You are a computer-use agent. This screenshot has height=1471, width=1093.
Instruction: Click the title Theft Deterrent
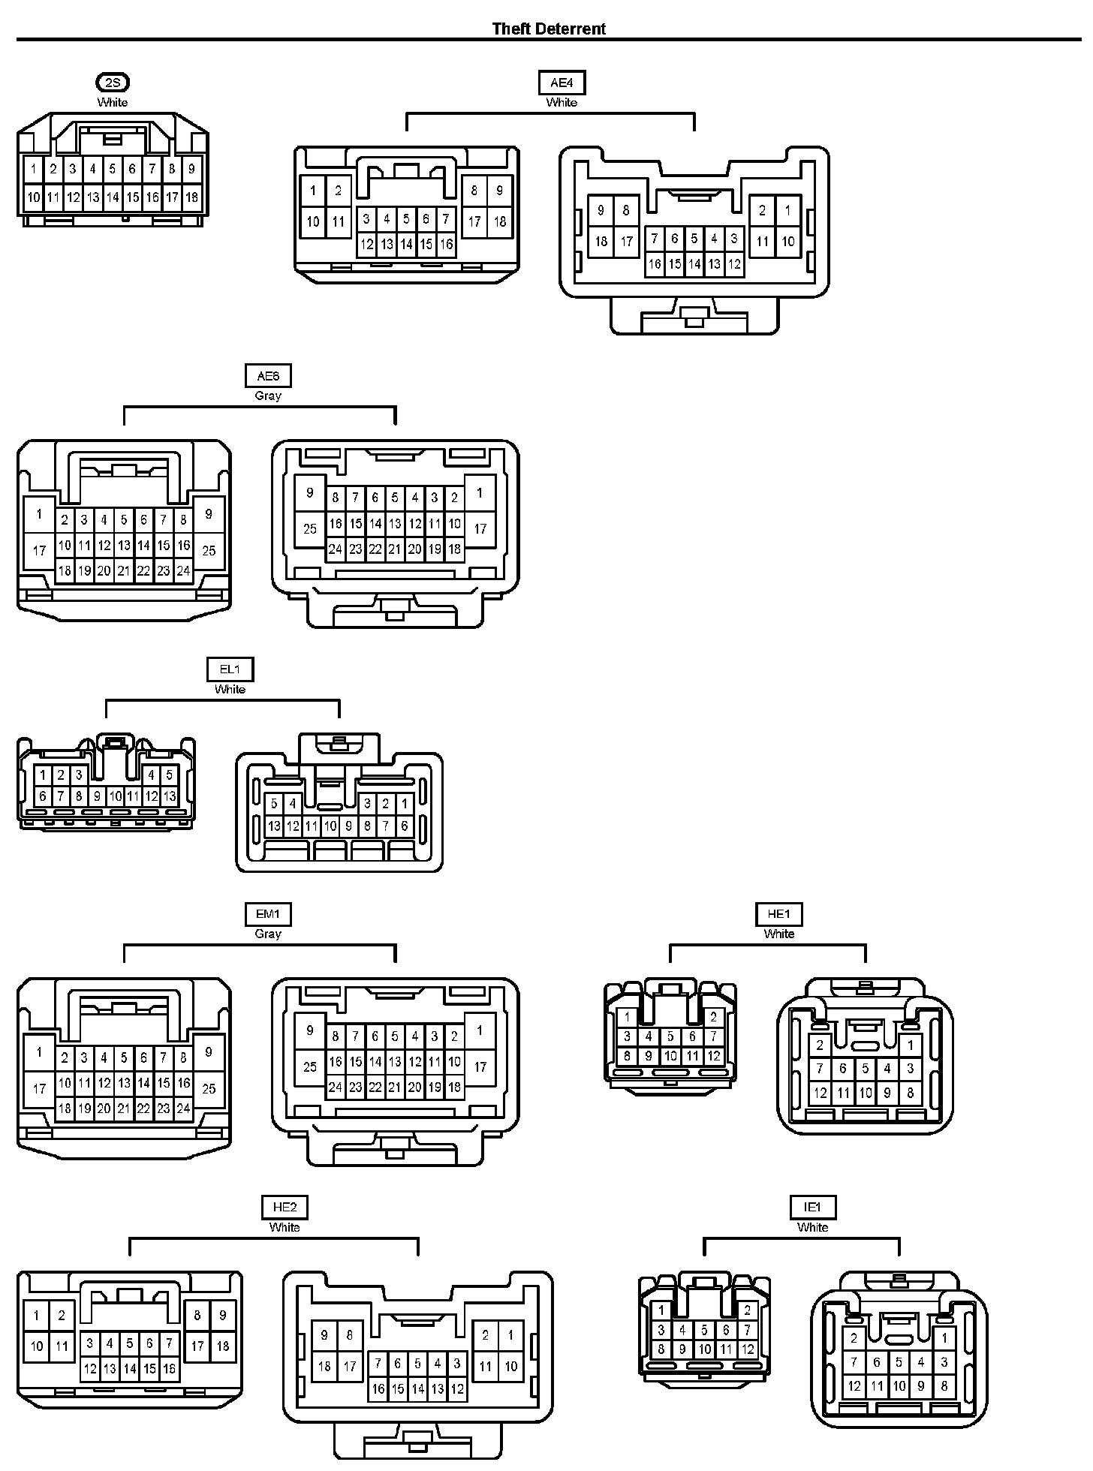pyautogui.click(x=549, y=29)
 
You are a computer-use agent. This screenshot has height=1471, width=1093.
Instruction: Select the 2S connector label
pyautogui.click(x=113, y=83)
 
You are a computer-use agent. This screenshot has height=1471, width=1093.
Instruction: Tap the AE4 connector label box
pyautogui.click(x=562, y=83)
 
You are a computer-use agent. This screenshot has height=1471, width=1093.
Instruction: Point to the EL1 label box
pyautogui.click(x=230, y=669)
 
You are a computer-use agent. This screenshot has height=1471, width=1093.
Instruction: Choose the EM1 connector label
pyautogui.click(x=268, y=914)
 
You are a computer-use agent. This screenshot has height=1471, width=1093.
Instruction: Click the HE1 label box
pyautogui.click(x=779, y=914)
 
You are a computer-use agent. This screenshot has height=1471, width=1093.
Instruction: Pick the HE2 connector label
pyautogui.click(x=285, y=1208)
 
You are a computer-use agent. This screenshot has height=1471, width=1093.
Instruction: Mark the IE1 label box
pyautogui.click(x=812, y=1208)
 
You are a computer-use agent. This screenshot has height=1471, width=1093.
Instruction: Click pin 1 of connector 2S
pyautogui.click(x=34, y=170)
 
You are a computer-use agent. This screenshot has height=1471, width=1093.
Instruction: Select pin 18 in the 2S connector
pyautogui.click(x=191, y=197)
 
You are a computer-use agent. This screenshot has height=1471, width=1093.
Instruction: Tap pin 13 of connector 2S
pyautogui.click(x=92, y=197)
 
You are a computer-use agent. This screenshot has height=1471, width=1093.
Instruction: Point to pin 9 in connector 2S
pyautogui.click(x=191, y=170)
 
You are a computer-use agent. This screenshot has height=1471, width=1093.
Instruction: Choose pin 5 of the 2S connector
pyautogui.click(x=113, y=170)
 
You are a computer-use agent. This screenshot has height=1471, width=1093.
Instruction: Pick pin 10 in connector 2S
pyautogui.click(x=34, y=197)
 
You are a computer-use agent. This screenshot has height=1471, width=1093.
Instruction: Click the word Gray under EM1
pyautogui.click(x=268, y=934)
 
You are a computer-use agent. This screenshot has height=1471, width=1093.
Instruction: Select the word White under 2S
pyautogui.click(x=113, y=102)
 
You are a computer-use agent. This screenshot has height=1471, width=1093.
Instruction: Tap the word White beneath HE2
pyautogui.click(x=285, y=1227)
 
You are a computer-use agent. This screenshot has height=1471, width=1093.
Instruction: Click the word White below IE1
pyautogui.click(x=812, y=1227)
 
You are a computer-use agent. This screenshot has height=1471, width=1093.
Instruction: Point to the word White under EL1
pyautogui.click(x=230, y=689)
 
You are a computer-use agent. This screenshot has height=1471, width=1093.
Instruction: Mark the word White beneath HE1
pyautogui.click(x=779, y=934)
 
